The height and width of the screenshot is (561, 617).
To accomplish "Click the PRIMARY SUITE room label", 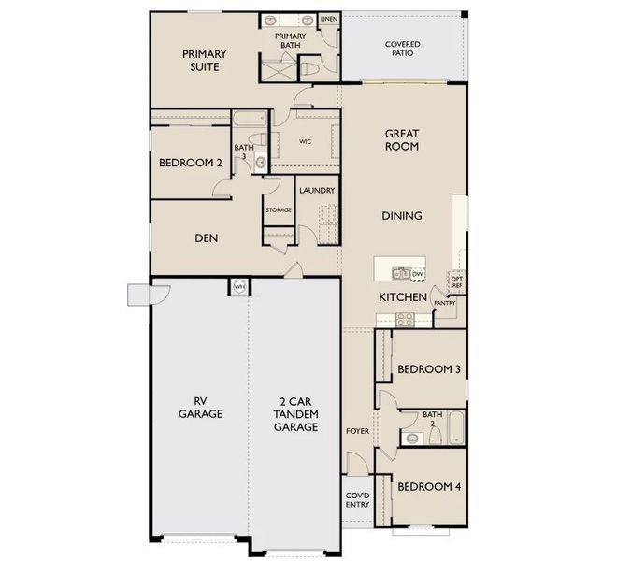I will (201, 61).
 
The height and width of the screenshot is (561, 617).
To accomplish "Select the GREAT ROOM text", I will (402, 140).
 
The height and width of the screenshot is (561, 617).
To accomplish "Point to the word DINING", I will (402, 216).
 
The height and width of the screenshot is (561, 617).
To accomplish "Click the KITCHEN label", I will (403, 297).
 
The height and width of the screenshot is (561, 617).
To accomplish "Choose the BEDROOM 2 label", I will (191, 163).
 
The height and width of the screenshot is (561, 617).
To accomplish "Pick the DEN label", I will (207, 238).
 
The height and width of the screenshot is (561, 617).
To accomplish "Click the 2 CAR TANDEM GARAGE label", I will (295, 413).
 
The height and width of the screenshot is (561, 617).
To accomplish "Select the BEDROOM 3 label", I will (429, 369).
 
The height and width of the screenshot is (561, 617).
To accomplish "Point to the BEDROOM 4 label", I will (429, 487).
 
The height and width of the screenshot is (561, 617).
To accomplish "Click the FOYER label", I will (357, 432).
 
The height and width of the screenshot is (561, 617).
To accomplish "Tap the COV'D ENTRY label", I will (357, 499).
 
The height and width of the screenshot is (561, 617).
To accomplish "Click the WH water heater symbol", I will (238, 287).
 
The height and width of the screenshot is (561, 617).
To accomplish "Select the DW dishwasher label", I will (417, 274).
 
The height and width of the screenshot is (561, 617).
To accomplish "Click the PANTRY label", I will (445, 303).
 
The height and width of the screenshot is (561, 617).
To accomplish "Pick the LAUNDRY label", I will (317, 191).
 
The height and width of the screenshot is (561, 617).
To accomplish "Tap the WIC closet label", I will (305, 142).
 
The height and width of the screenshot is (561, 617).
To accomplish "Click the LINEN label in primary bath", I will (328, 18).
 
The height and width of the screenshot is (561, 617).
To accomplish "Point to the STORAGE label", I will (279, 209).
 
